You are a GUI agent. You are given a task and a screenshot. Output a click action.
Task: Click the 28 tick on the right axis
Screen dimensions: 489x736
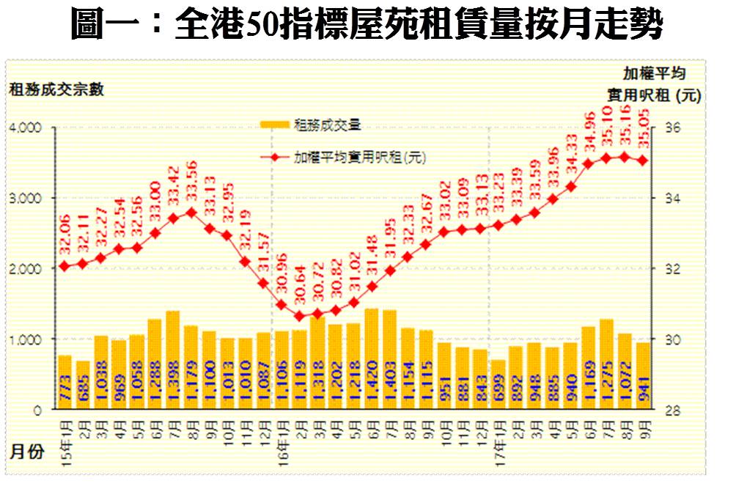672,411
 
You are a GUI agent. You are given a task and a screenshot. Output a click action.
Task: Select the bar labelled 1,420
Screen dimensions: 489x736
372,359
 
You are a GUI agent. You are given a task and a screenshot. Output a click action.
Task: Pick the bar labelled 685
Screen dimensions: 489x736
83,386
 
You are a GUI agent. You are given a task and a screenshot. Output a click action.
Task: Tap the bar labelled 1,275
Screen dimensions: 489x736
606,364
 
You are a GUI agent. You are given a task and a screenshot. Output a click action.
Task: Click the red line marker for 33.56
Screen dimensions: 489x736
191,213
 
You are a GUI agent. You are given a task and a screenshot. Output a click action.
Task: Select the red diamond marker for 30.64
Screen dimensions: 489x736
299,316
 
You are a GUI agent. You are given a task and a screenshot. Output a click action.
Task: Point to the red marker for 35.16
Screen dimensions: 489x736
625,157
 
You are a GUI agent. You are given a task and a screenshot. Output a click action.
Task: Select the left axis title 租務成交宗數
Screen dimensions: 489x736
56,90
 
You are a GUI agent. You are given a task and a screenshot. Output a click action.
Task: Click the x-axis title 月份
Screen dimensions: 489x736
26,450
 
